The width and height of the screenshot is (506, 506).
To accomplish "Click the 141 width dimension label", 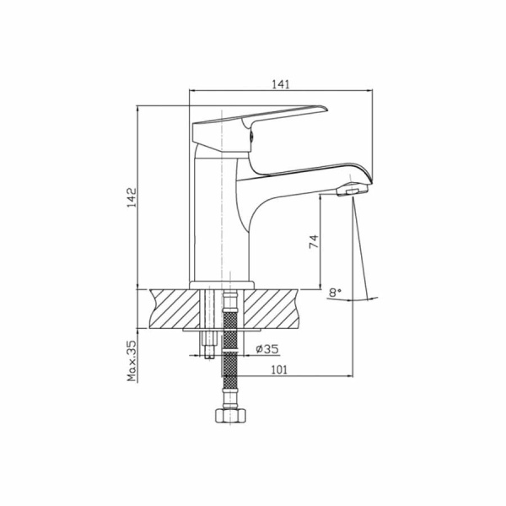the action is point(281,84).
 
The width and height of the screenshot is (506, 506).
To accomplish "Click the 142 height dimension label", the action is point(132,197).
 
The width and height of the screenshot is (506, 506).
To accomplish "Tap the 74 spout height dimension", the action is point(314,241).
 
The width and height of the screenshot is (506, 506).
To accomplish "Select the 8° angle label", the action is point(335,293).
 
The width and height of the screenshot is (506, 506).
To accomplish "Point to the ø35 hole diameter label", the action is point(267,349).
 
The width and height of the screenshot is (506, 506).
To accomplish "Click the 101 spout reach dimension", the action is point(279,369).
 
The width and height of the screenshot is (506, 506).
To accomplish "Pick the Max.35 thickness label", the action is point(132,361).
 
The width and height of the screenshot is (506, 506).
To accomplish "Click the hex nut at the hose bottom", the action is point(230,416).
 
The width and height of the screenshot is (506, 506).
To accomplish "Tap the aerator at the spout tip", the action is point(352,190).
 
